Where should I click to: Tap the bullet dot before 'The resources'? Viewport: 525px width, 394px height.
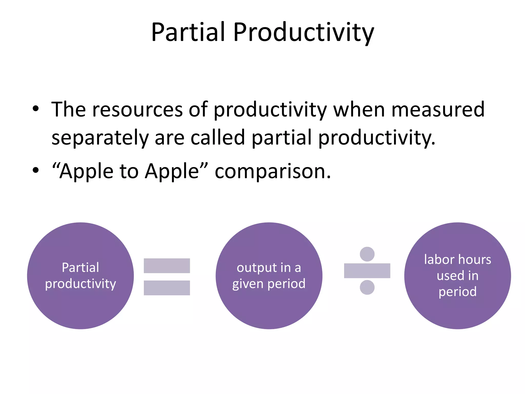[36, 109]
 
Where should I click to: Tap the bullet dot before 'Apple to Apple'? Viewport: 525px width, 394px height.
[36, 170]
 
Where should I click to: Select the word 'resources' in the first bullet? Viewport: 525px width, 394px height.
[137, 110]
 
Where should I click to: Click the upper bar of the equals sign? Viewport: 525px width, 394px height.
[167, 266]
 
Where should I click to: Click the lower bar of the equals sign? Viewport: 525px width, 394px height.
[167, 288]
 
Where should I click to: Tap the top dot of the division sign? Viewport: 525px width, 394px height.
[367, 254]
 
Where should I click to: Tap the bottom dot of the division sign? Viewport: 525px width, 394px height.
[367, 287]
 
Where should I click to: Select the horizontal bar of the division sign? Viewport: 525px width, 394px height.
[367, 271]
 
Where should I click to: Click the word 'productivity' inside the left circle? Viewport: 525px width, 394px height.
[80, 284]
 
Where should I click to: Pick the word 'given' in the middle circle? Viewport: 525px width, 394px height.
[248, 284]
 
